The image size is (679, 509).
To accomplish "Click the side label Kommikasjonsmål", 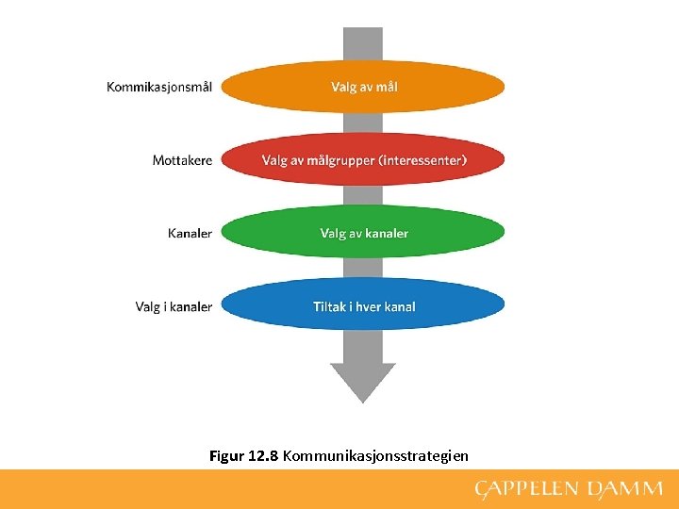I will click(158, 87).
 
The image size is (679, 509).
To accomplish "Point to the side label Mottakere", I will click(182, 160).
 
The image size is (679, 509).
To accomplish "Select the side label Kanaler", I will click(190, 233).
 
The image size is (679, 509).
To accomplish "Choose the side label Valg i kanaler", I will click(174, 306).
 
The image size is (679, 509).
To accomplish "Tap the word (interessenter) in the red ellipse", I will click(422, 160).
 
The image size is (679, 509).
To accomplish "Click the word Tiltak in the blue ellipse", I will click(330, 306).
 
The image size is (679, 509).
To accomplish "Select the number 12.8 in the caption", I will click(262, 456).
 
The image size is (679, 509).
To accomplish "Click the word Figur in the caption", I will click(226, 456).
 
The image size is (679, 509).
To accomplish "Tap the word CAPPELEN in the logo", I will click(525, 488).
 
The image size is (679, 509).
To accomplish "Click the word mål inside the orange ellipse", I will click(387, 87).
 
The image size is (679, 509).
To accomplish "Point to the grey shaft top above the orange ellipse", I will click(363, 42).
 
